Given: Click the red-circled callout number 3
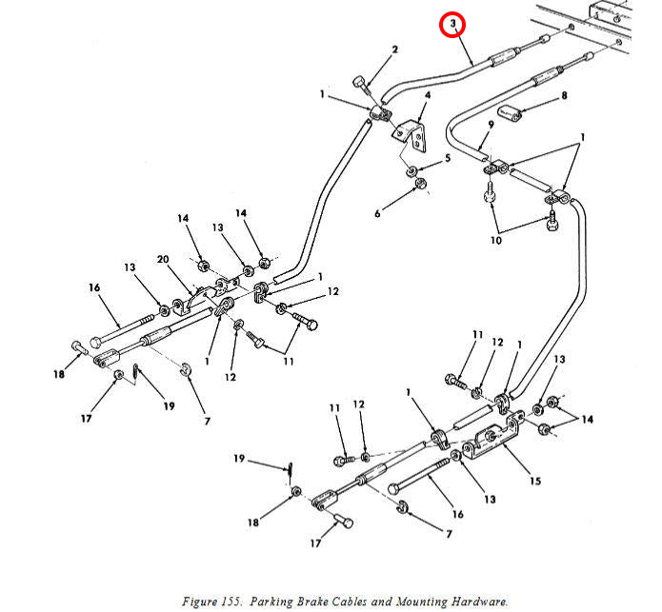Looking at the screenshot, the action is [x=452, y=24].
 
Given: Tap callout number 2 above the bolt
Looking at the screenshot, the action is [x=394, y=49].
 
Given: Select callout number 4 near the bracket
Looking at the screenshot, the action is [x=428, y=95].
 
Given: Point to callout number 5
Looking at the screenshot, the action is [x=448, y=158].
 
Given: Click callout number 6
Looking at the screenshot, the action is [x=377, y=214].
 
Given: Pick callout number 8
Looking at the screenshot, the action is [x=564, y=96].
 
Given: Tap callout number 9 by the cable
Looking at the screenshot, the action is [x=491, y=125].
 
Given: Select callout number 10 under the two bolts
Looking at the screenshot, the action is [x=496, y=241].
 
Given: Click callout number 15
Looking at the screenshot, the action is [x=535, y=481].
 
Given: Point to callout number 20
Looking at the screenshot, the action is [x=163, y=259].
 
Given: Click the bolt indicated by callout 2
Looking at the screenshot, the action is [x=361, y=85].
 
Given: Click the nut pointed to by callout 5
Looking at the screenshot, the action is [x=411, y=171].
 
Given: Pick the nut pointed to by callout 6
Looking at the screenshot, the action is [x=420, y=184].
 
